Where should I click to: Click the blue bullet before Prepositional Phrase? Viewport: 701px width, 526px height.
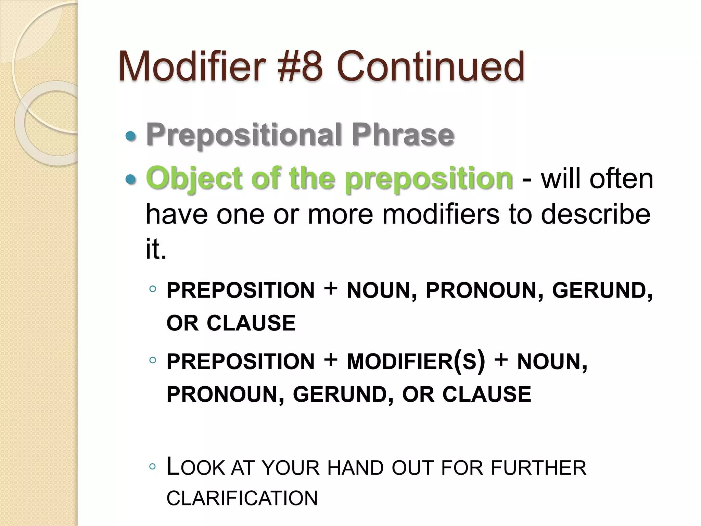(x=130, y=137)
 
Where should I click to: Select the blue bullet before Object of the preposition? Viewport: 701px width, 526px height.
(x=130, y=179)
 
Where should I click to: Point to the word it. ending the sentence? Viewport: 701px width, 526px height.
(x=156, y=249)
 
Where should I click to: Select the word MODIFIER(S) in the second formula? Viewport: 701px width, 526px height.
(x=416, y=361)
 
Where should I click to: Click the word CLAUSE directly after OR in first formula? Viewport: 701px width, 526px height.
(x=251, y=323)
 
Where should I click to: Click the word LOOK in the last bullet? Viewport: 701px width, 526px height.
(x=195, y=467)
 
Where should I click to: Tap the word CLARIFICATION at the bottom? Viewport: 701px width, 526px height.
(x=242, y=498)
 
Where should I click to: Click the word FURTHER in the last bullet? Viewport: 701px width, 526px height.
(x=538, y=467)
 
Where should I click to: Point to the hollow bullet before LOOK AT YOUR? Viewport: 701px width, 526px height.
(x=153, y=466)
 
